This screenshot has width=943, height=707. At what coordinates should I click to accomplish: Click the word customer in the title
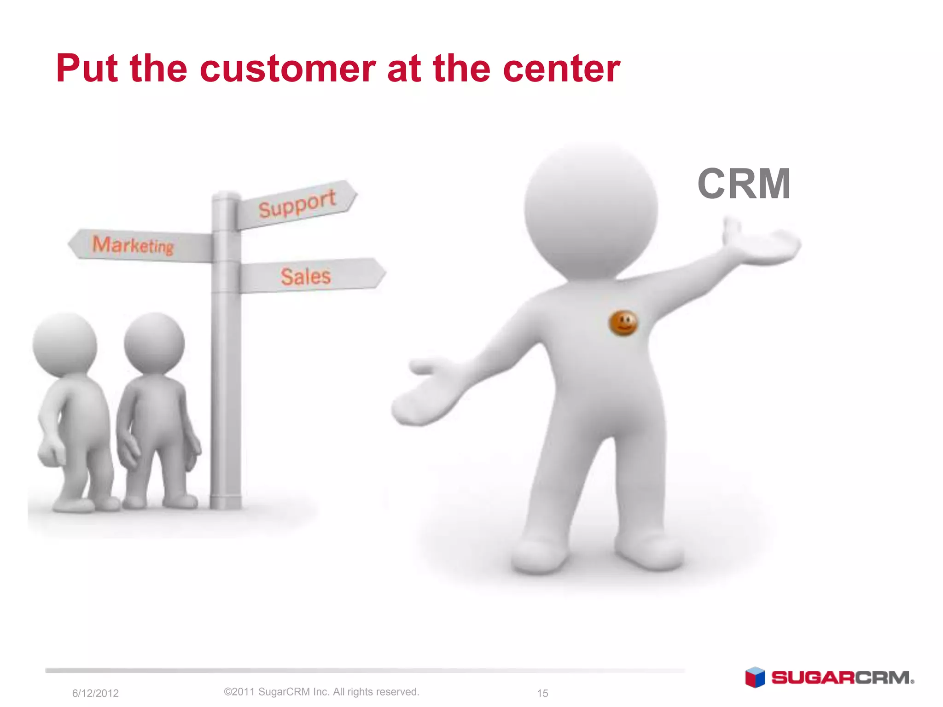coord(288,69)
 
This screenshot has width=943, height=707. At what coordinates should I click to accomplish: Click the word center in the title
coord(561,69)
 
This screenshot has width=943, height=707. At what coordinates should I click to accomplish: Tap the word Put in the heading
coord(87,69)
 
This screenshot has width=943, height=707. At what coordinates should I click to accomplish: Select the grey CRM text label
coord(744,184)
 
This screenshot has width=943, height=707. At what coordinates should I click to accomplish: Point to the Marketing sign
coord(134,245)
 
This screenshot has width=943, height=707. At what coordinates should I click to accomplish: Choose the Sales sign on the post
coord(306,276)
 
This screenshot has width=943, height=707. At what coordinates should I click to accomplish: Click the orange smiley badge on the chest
coord(623,323)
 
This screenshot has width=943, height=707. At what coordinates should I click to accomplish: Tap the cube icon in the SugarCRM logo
coord(755,678)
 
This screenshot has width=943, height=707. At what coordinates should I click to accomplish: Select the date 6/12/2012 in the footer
coord(95,693)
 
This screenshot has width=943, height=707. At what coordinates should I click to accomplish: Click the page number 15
coord(542,693)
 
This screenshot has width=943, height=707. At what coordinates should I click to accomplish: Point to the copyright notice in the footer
coord(321,692)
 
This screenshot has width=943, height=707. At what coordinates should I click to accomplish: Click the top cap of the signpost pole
coord(226,196)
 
